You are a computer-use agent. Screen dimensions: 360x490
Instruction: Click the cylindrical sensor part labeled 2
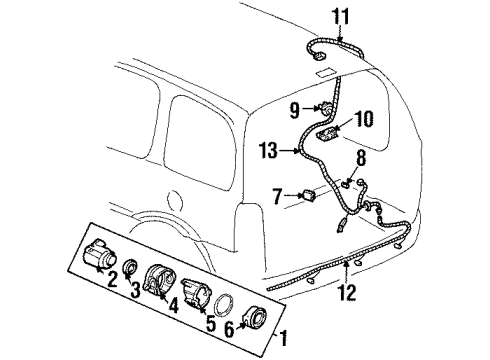[x=98, y=256]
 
